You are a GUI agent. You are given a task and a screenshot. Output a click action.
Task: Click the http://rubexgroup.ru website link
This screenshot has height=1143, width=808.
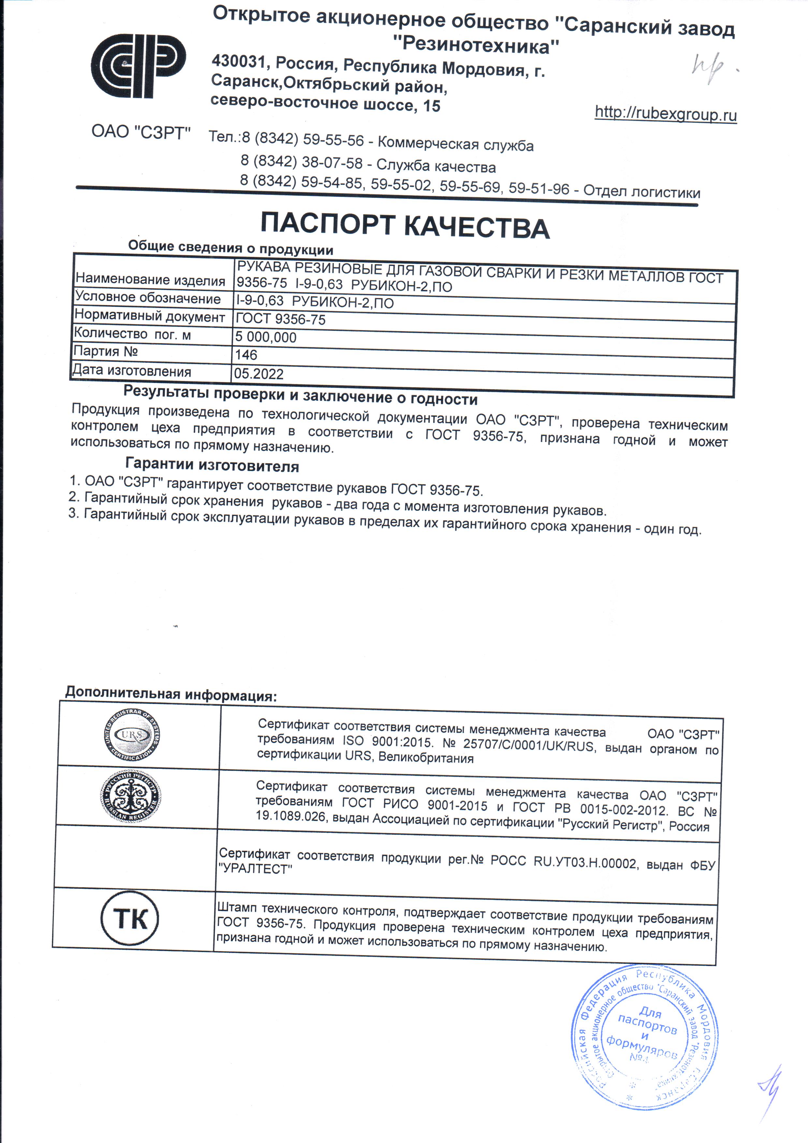tap(666, 114)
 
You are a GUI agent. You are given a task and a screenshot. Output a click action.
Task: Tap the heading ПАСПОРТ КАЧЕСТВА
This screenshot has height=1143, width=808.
tap(405, 226)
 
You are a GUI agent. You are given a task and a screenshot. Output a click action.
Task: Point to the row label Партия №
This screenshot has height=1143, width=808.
tap(106, 351)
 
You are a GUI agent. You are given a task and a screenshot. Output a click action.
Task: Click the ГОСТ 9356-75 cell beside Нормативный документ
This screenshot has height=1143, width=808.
tap(280, 319)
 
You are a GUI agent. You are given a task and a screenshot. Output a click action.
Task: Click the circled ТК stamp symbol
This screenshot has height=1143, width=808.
tap(130, 919)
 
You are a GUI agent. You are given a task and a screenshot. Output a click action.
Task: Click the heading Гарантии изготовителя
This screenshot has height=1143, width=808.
tap(212, 465)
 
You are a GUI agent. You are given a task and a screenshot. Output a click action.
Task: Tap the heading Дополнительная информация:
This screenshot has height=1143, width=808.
tap(171, 693)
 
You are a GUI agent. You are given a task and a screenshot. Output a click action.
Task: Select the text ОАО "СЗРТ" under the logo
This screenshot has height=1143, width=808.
tap(141, 132)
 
